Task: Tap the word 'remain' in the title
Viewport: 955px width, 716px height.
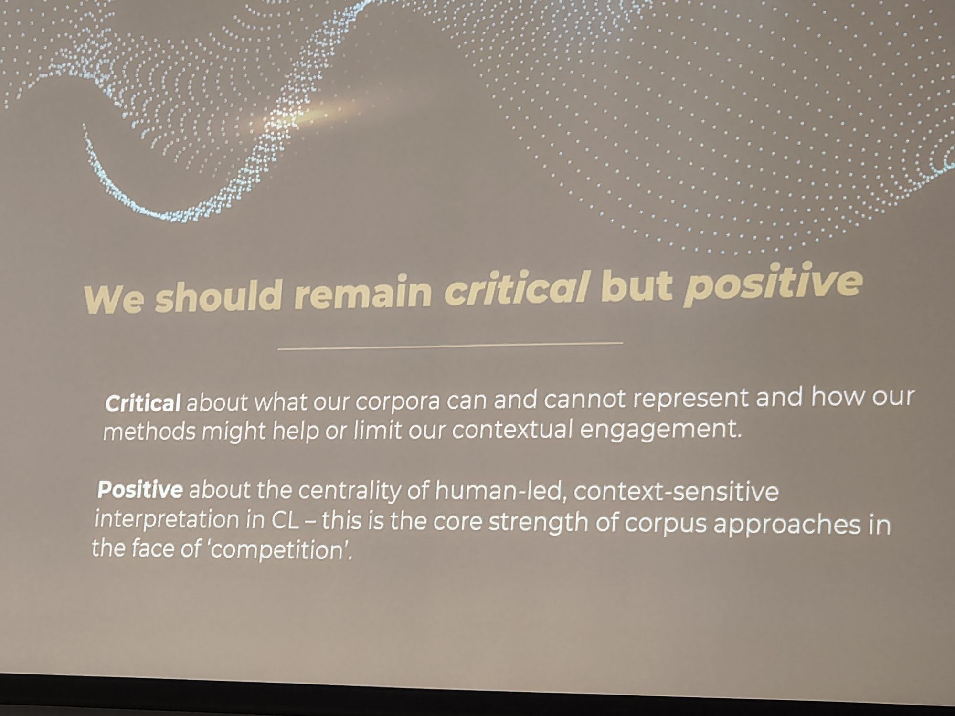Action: point(363,293)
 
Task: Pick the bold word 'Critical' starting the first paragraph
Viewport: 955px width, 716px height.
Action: point(143,403)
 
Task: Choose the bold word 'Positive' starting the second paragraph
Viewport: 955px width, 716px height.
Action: point(140,490)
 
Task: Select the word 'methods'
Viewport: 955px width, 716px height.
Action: point(149,432)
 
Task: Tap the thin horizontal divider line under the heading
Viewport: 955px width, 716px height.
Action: point(450,346)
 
